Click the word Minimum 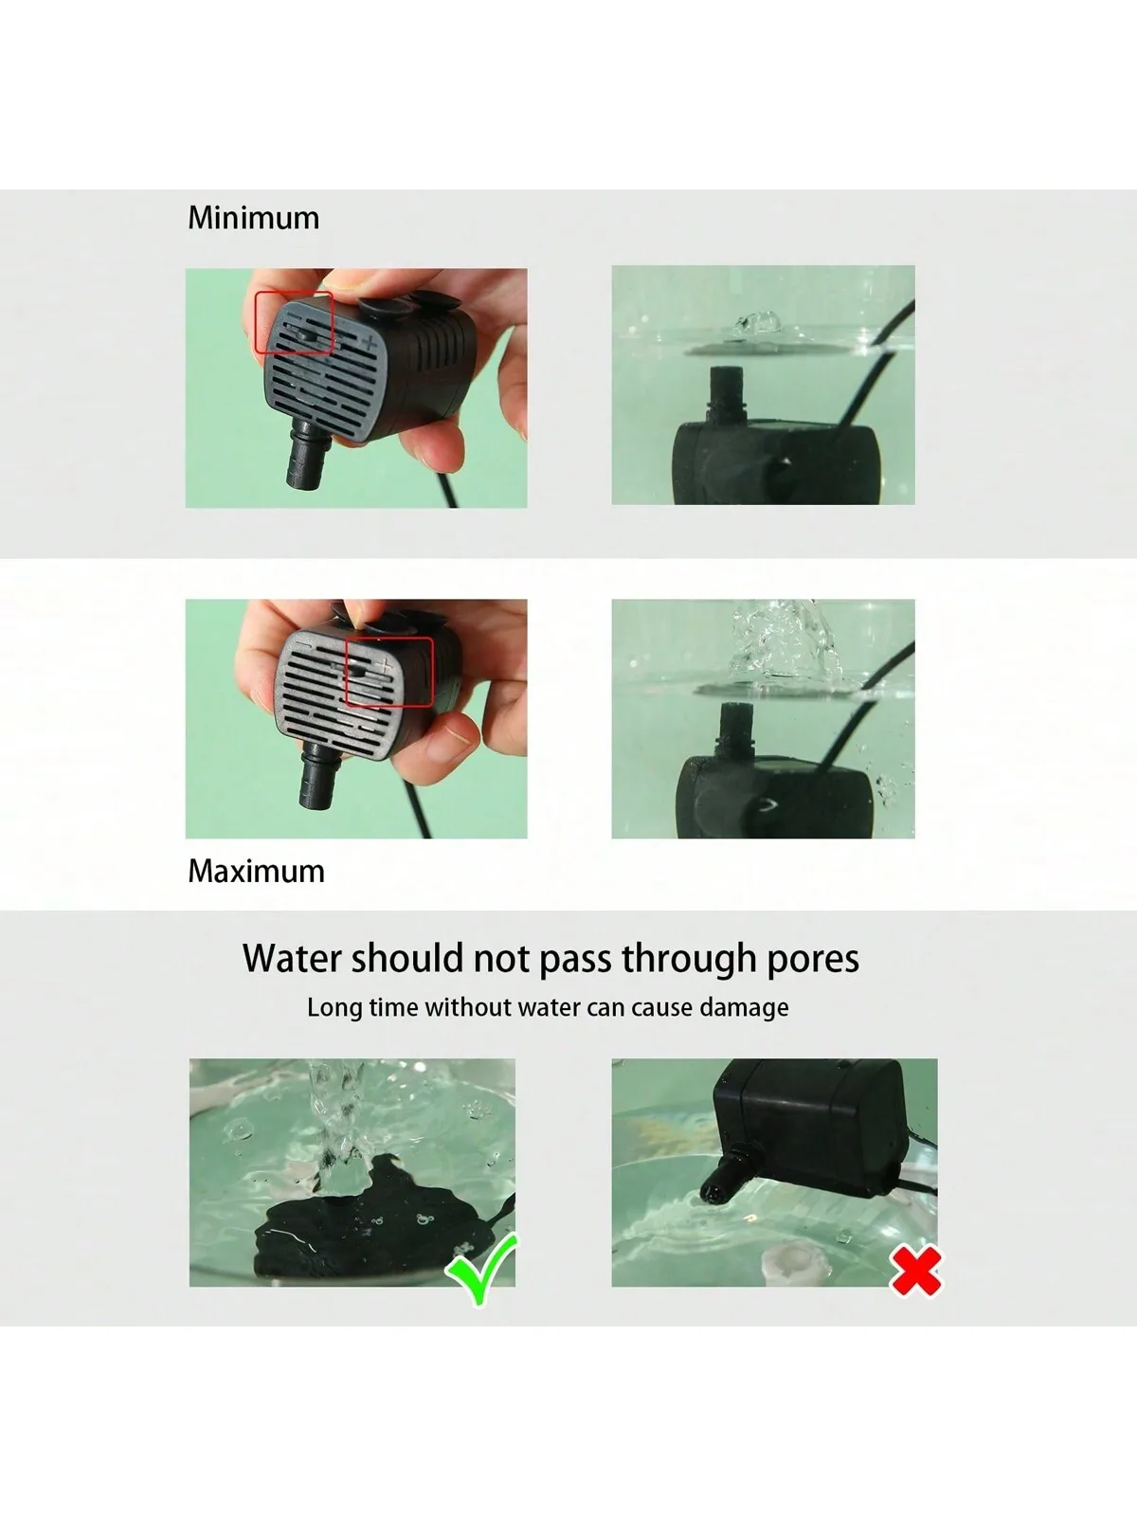[x=253, y=218]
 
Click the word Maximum [x=256, y=871]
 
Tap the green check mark [x=482, y=1268]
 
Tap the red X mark [x=916, y=1271]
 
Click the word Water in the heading [x=291, y=959]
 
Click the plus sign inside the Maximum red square [x=385, y=667]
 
